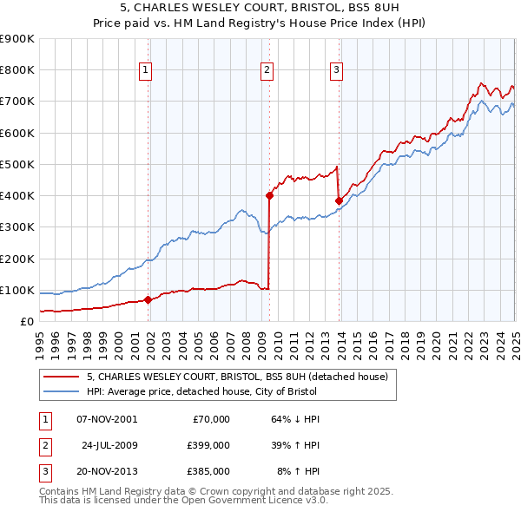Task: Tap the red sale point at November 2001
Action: click(x=148, y=300)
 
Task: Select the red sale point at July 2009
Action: click(x=270, y=196)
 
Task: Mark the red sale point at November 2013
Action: click(x=339, y=200)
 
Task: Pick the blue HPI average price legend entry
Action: click(x=202, y=392)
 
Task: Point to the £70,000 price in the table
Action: click(x=209, y=419)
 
